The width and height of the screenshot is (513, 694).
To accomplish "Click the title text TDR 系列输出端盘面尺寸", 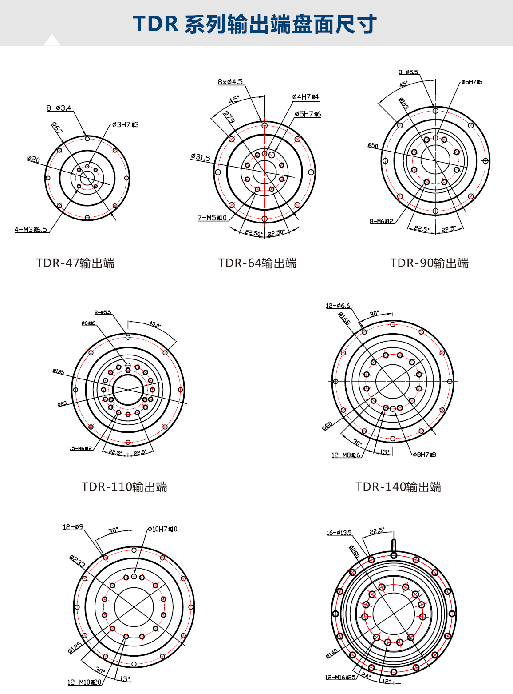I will (255, 24).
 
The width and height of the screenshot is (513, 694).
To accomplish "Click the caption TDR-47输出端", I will (75, 263).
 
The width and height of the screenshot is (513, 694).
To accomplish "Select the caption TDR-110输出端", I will (124, 487).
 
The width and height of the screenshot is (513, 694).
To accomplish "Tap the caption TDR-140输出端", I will (398, 487).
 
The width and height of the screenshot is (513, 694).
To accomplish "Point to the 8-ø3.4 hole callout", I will (59, 108).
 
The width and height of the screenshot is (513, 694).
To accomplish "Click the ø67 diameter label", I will (57, 128).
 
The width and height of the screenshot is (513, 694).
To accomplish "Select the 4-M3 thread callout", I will (31, 229).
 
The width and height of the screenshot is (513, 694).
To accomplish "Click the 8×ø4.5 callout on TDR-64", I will (230, 82).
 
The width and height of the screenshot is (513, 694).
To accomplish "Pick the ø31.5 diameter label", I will (200, 157).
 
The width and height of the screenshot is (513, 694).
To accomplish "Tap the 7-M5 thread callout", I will (212, 218).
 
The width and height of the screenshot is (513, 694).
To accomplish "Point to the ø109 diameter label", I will (403, 103).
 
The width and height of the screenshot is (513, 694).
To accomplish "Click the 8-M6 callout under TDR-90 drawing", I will (381, 221).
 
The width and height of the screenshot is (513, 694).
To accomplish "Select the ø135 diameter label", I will (58, 371).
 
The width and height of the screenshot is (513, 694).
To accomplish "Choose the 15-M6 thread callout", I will (80, 448).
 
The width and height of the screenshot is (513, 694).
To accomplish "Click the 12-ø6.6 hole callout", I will (338, 306).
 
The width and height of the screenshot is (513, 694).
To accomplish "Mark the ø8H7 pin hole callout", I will (424, 455).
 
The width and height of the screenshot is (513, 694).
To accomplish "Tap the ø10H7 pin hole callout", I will (162, 529).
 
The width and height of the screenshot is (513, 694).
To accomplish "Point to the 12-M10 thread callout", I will (84, 682).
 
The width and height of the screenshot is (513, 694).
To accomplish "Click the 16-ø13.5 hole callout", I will (339, 533).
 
